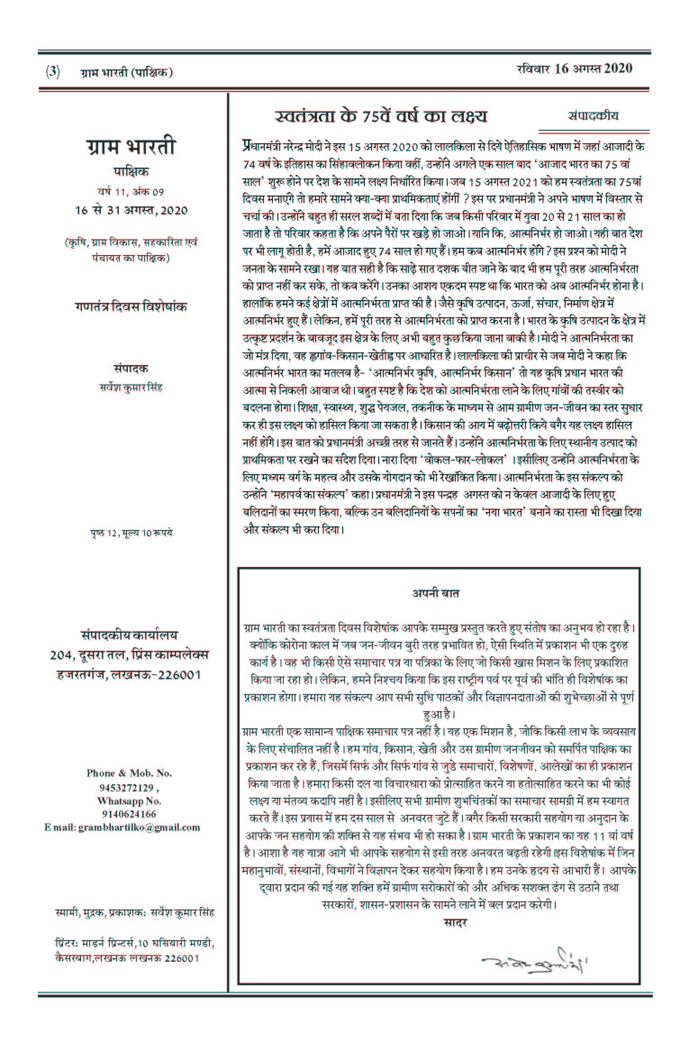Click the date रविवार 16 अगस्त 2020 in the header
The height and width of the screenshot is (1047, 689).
point(574,69)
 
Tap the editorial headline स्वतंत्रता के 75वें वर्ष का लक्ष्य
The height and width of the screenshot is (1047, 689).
point(381,116)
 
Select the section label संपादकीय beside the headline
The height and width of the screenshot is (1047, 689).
point(593,115)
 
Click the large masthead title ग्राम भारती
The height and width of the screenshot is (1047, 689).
point(131,147)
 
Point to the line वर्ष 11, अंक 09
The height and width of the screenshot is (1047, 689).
point(131,192)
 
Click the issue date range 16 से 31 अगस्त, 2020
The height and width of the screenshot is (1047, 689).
point(131,210)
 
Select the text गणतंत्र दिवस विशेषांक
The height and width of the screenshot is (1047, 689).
point(131,307)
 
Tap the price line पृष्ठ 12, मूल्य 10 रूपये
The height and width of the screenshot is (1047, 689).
point(131,534)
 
